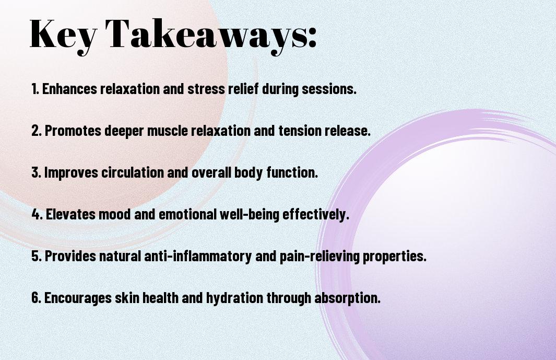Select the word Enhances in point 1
click(69, 89)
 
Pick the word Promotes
click(73, 131)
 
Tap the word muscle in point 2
click(168, 131)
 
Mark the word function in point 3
click(292, 172)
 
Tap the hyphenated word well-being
click(249, 215)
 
